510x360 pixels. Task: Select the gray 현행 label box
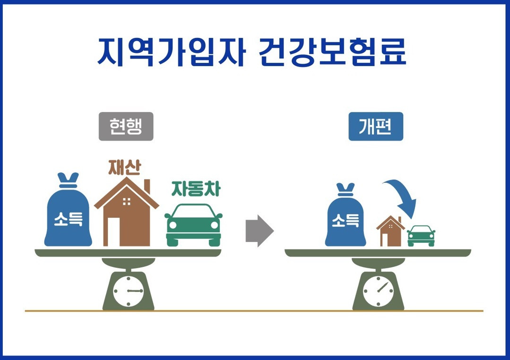tap(126, 126)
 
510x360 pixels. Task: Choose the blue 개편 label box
tap(376, 126)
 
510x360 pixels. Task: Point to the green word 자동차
tap(195, 189)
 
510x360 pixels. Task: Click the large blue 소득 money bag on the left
tap(68, 215)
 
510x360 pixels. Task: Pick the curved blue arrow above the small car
tap(403, 196)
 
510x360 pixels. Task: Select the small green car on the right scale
tap(421, 235)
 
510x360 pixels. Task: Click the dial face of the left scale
tap(128, 291)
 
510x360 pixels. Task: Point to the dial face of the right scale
tap(378, 291)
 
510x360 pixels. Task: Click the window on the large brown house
tap(126, 202)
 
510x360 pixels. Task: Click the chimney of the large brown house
tap(147, 186)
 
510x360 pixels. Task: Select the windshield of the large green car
tap(193, 211)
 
